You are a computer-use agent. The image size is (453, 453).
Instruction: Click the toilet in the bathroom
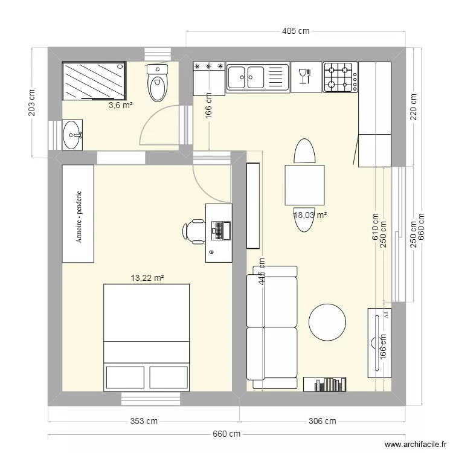coord(158,84)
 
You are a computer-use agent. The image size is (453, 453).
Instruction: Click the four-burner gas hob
coord(340,77)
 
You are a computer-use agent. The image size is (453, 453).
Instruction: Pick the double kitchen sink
coord(257,77)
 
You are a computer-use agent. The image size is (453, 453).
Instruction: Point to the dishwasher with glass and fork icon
coord(306,77)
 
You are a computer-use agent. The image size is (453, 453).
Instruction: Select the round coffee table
coord(327,321)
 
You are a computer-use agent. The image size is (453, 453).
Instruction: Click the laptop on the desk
coord(219,230)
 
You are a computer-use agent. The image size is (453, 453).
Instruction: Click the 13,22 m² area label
coord(147,278)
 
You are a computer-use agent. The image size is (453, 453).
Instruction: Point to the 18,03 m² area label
coord(310,214)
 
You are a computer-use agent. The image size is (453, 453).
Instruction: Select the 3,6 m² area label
coord(120,106)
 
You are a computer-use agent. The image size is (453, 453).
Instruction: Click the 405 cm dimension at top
coord(295,31)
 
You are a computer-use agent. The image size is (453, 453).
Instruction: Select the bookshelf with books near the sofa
coord(326,384)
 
